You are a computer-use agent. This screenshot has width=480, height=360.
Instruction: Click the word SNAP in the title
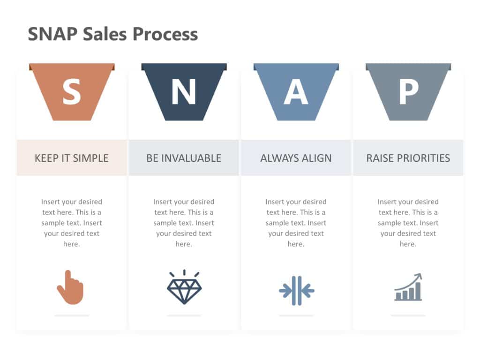coord(52,34)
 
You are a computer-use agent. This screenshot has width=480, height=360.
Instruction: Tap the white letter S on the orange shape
coord(71,92)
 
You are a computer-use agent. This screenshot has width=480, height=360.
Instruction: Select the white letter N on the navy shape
coord(183,92)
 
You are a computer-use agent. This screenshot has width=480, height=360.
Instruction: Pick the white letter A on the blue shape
coord(296,92)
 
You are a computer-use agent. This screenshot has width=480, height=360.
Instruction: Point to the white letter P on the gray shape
coord(408,92)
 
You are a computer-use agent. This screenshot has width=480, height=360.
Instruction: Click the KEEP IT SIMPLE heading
coord(71,158)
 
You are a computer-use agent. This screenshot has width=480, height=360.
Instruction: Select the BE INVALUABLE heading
coord(184,158)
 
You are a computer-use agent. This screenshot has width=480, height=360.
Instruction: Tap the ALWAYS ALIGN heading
coord(296,158)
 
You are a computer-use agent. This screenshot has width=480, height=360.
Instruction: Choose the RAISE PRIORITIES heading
coord(408,158)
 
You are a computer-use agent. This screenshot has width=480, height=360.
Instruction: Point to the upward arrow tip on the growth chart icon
coord(420,276)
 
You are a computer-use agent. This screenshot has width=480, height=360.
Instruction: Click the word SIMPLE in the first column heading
coord(91,158)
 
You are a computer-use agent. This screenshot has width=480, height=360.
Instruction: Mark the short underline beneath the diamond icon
coord(184,315)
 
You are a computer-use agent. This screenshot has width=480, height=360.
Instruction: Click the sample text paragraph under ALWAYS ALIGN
coord(296,223)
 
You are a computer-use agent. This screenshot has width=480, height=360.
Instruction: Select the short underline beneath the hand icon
coord(71,315)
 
